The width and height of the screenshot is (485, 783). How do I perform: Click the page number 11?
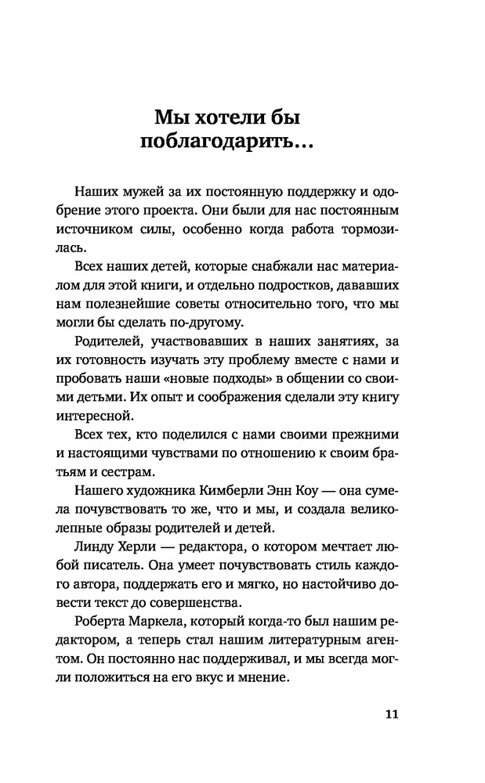click(393, 714)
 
